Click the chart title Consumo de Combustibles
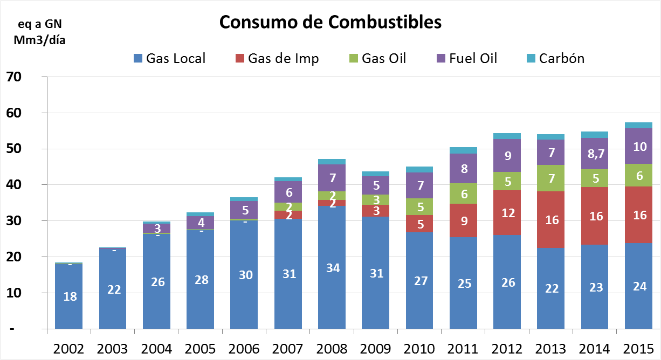[x=330, y=22]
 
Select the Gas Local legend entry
[x=169, y=58]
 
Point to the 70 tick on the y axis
[x=13, y=77]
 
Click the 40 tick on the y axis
[x=13, y=185]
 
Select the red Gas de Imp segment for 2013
[x=551, y=219]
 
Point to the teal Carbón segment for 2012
[x=507, y=136]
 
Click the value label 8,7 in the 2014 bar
[x=595, y=155]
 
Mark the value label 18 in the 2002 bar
[x=70, y=296]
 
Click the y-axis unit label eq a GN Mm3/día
[x=36, y=33]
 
